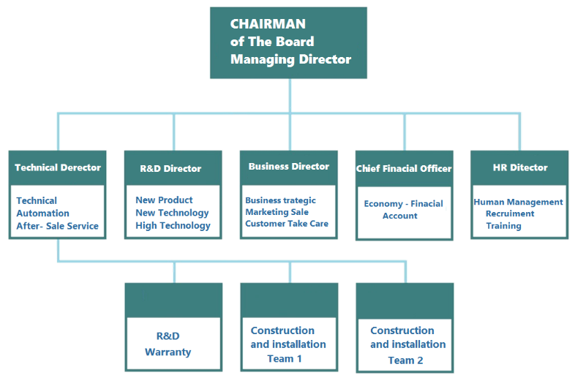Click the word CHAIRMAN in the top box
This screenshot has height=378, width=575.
[x=268, y=24]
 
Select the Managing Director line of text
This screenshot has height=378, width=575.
[x=290, y=59]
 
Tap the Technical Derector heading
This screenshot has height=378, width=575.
[x=58, y=167]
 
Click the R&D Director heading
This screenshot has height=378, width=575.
[x=170, y=169]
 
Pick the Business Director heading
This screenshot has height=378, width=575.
[x=289, y=167]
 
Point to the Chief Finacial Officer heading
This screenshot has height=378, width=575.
[x=404, y=169]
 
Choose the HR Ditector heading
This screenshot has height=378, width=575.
[x=520, y=167]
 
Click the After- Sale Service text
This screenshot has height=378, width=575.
[x=58, y=226]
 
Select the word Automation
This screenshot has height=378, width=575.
[x=42, y=213]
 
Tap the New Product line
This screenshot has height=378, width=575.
[x=164, y=200]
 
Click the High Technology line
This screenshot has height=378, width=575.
[x=173, y=226]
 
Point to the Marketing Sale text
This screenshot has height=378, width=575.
[x=277, y=212]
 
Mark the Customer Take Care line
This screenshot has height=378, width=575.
[x=287, y=224]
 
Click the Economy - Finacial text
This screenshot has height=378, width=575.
[x=403, y=204]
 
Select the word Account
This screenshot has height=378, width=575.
[x=399, y=216]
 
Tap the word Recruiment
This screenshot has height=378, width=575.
[x=510, y=213]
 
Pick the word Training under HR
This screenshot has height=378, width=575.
[x=503, y=226]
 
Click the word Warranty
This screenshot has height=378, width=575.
[x=168, y=352]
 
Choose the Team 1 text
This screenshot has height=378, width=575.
[x=285, y=358]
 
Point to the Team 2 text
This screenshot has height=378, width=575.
[x=405, y=360]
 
